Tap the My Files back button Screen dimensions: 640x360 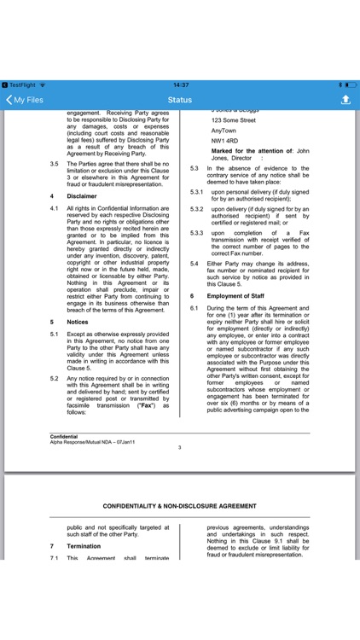pyautogui.click(x=25, y=100)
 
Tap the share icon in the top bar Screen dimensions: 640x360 pyautogui.click(x=345, y=100)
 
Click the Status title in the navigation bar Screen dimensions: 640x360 pyautogui.click(x=179, y=100)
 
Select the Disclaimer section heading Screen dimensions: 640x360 pyautogui.click(x=83, y=195)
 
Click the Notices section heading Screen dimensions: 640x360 pyautogui.click(x=78, y=323)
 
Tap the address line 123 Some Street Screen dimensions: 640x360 pyautogui.click(x=233, y=120)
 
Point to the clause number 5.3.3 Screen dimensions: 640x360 pyautogui.click(x=196, y=232)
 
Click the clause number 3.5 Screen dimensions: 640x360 pyautogui.click(x=55, y=164)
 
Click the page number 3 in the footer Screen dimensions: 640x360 pyautogui.click(x=179, y=447)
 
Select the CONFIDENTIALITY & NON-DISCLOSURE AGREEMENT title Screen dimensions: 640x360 pyautogui.click(x=179, y=506)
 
